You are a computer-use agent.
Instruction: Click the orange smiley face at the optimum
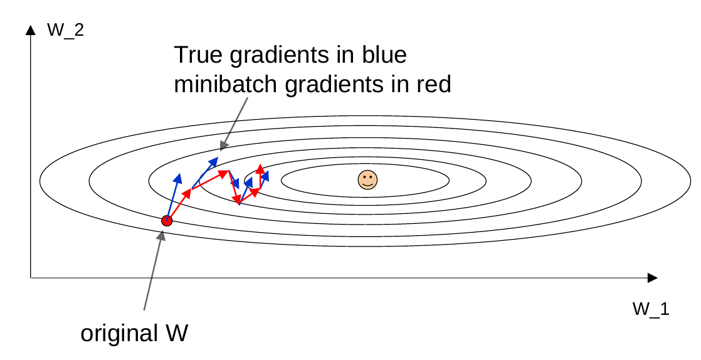point(367,180)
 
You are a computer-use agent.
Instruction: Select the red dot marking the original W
point(167,220)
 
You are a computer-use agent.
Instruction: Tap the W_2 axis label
point(65,29)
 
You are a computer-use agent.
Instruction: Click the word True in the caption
point(199,56)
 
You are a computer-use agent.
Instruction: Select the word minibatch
point(226,84)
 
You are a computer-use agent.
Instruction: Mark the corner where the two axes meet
point(30,277)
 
